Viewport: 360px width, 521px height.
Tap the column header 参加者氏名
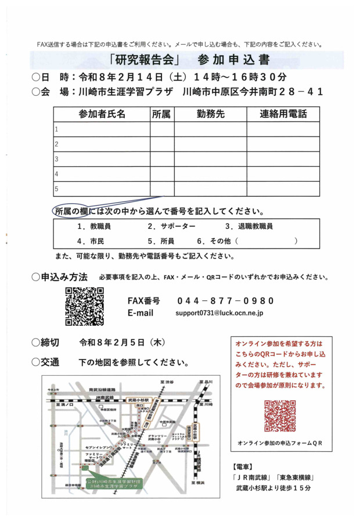click(102, 114)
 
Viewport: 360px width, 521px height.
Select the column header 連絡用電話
click(283, 114)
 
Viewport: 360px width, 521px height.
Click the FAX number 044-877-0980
click(225, 301)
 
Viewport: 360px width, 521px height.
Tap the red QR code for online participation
click(280, 416)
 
